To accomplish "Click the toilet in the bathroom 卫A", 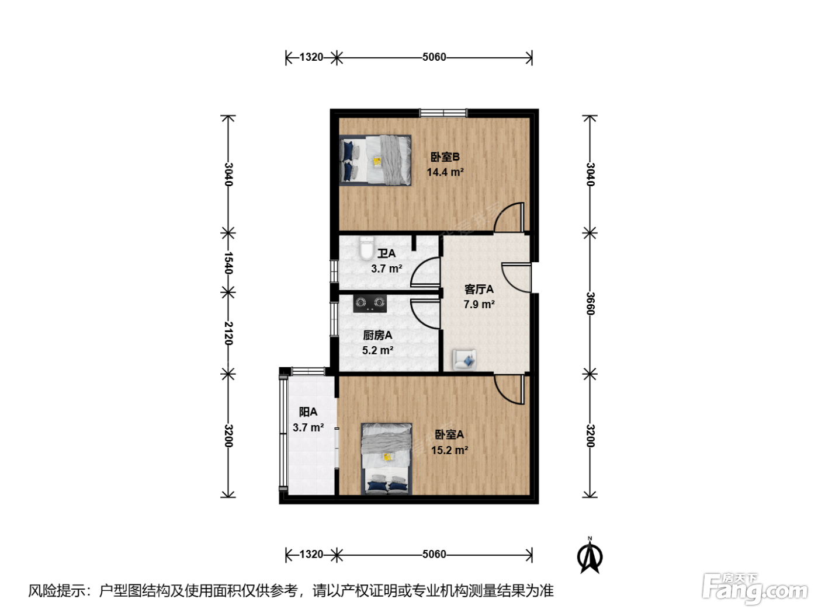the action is (367, 248).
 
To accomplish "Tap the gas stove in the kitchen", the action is (370, 304).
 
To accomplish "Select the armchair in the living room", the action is (465, 360).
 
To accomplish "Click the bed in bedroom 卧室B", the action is (376, 160).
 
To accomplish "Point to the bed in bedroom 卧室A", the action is (386, 458).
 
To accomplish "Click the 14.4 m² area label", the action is (445, 172).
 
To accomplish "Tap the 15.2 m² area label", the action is (449, 450).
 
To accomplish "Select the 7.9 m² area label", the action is (479, 304).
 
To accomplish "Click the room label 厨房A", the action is (377, 335).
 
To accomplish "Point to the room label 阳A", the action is (308, 412).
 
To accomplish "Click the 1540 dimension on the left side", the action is (228, 263).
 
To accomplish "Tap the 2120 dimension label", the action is (228, 333).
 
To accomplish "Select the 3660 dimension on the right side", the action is (590, 304).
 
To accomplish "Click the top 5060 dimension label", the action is (434, 57).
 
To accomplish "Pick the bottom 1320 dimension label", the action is (311, 554).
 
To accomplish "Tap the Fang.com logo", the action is (754, 589).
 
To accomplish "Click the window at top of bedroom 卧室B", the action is (443, 113).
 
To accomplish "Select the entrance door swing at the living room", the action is (517, 277).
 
